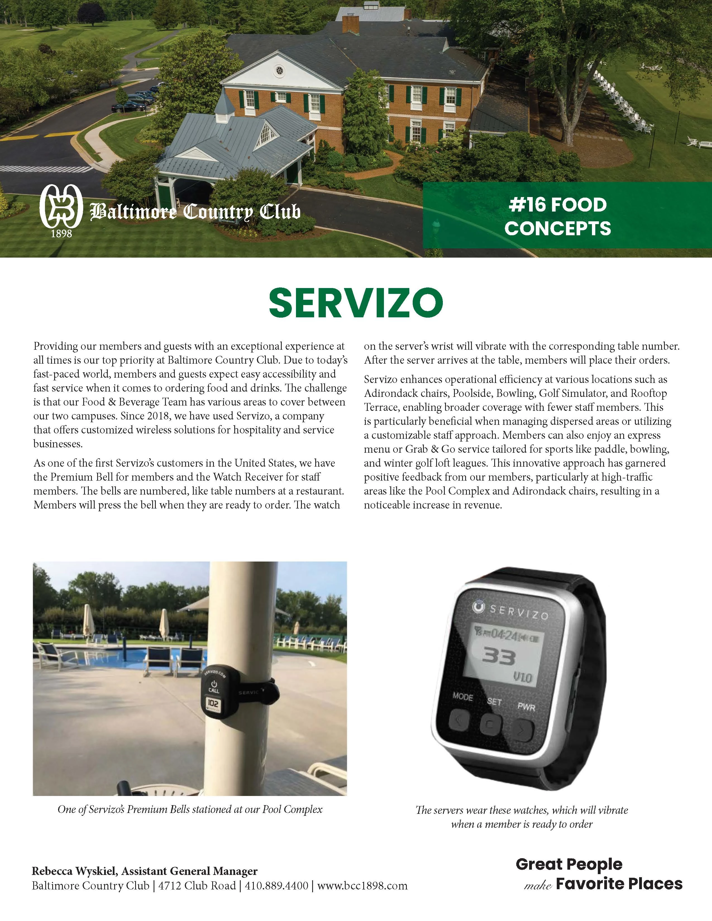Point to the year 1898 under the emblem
(61, 234)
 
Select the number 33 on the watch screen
(499, 657)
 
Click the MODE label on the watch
(462, 696)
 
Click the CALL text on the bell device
(214, 690)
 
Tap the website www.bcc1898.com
(362, 886)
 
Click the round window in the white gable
(279, 70)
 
